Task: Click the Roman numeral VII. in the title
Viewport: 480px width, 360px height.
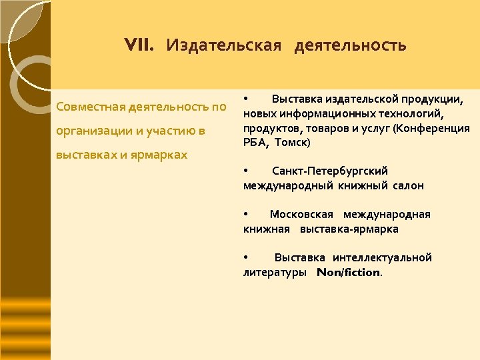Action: (139, 45)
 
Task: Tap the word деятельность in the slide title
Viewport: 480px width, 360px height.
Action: (350, 45)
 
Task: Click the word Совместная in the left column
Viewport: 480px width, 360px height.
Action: (91, 107)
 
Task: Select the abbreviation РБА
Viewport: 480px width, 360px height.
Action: (256, 143)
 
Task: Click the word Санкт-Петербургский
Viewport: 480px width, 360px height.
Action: (329, 171)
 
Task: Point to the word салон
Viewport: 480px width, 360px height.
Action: (408, 186)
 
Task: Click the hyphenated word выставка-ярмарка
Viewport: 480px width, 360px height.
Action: (349, 229)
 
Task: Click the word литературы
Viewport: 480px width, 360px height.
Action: (275, 273)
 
